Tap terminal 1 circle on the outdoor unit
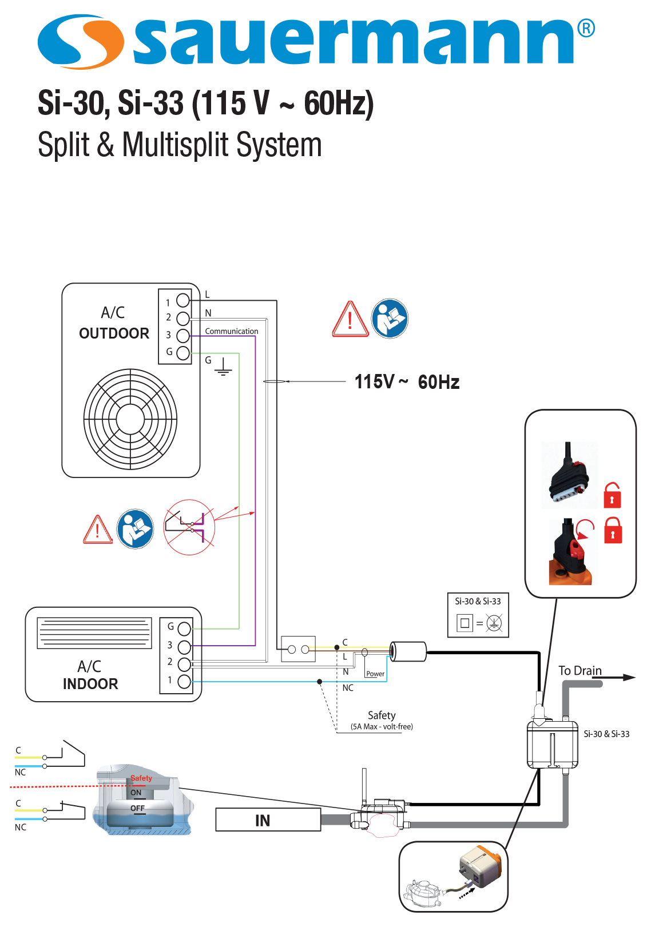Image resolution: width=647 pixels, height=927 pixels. [x=183, y=300]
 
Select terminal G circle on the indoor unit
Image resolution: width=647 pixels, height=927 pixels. [x=184, y=628]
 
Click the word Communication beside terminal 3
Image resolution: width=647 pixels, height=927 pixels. [x=231, y=331]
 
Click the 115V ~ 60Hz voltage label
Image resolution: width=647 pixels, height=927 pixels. [x=407, y=381]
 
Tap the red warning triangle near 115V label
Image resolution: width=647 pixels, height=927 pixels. [x=350, y=320]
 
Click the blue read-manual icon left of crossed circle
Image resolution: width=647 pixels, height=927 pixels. [x=135, y=529]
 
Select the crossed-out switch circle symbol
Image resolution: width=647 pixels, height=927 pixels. [x=189, y=527]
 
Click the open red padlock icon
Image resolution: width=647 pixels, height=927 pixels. [x=612, y=495]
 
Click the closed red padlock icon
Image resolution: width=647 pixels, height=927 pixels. [x=613, y=531]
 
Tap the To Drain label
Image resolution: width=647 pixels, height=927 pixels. [x=579, y=670]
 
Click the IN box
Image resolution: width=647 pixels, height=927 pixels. [x=268, y=820]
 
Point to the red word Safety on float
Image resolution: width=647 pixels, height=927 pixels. [x=141, y=778]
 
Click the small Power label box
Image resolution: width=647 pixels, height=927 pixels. [x=375, y=674]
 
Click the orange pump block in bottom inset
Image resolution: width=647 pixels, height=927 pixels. [x=482, y=866]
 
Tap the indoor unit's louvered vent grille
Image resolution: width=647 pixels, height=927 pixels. [x=94, y=632]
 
